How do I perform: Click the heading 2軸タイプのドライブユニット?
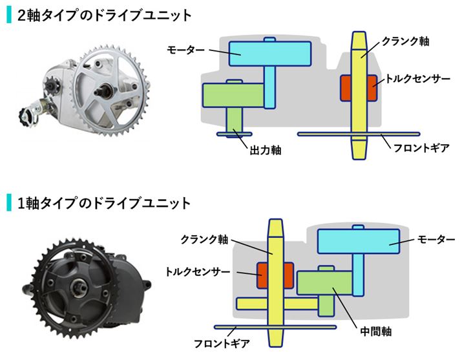[105, 16]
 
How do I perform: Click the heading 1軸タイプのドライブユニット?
[104, 203]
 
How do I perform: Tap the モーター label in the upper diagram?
[185, 50]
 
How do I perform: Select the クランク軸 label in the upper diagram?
[405, 41]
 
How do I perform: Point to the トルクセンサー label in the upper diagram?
[418, 79]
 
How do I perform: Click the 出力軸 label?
[266, 150]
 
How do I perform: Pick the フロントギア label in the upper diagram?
[421, 147]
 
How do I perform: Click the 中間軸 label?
[376, 332]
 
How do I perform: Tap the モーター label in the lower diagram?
[436, 239]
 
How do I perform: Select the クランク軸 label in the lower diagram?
[204, 239]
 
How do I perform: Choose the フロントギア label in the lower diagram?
[222, 343]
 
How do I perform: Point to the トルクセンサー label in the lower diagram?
[198, 271]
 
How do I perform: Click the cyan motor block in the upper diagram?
[270, 54]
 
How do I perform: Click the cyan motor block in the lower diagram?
[359, 241]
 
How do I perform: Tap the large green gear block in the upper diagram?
[233, 95]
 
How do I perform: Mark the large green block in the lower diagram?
[325, 283]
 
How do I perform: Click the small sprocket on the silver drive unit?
[50, 86]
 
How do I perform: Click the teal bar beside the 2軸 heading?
[9, 16]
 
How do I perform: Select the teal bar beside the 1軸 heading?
[9, 203]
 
